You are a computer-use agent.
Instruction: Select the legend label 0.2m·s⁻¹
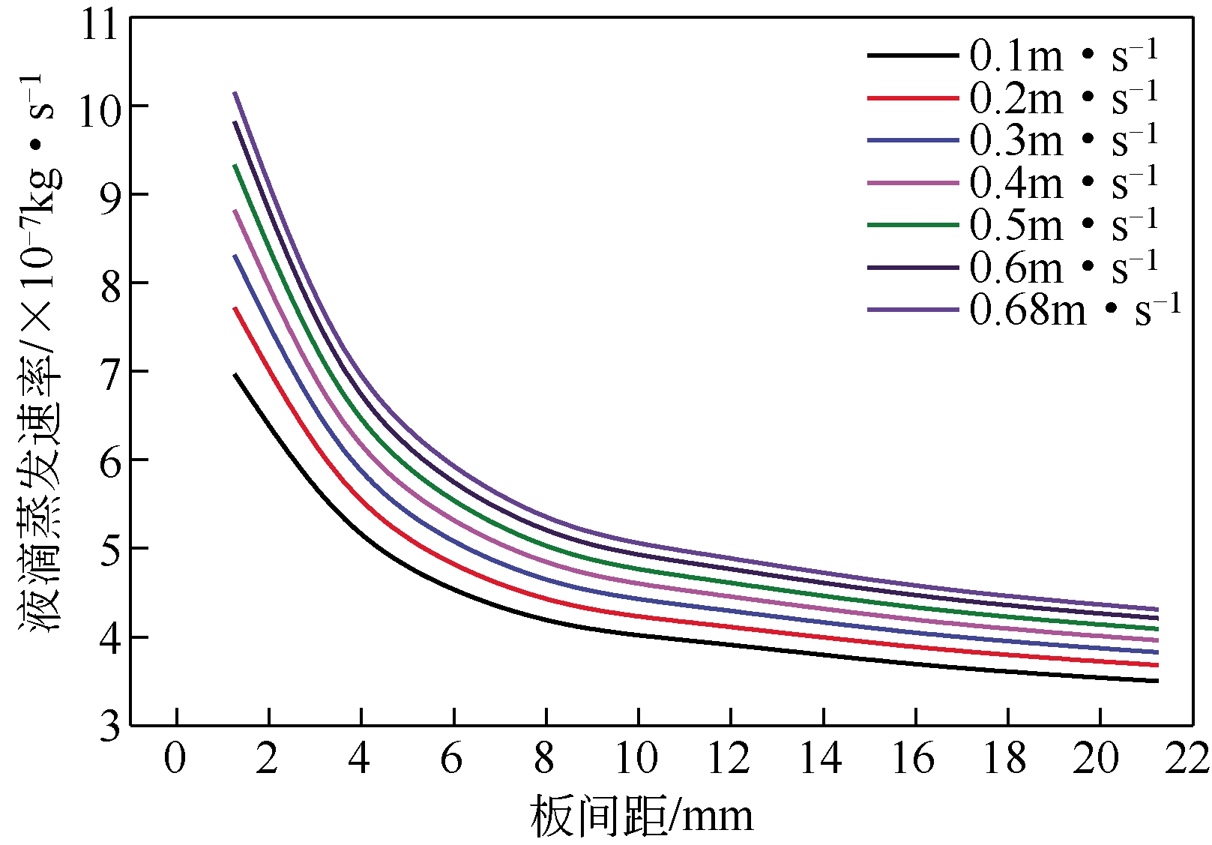pyautogui.click(x=1063, y=97)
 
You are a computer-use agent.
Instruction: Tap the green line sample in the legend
pyautogui.click(x=913, y=224)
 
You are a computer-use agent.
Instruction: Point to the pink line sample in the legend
pyautogui.click(x=913, y=182)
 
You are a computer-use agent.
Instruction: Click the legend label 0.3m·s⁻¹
pyautogui.click(x=1063, y=139)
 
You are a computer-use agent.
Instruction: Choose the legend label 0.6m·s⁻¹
pyautogui.click(x=1063, y=267)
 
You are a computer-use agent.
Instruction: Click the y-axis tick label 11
pyautogui.click(x=100, y=25)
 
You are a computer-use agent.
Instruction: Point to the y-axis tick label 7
pyautogui.click(x=110, y=373)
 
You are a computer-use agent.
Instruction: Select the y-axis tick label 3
pyautogui.click(x=110, y=726)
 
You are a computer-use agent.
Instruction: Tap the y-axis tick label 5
pyautogui.click(x=110, y=550)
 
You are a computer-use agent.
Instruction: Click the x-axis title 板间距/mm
pyautogui.click(x=642, y=817)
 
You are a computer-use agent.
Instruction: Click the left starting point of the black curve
pyautogui.click(x=235, y=374)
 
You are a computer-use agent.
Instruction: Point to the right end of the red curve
pyautogui.click(x=1158, y=665)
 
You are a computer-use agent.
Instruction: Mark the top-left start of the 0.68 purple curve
pyautogui.click(x=235, y=93)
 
